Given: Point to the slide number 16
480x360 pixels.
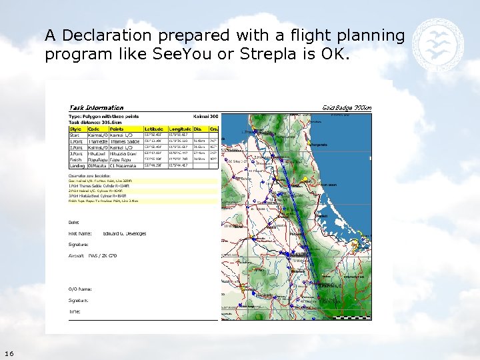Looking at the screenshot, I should (x=9, y=353).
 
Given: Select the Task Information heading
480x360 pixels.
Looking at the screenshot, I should (x=96, y=107).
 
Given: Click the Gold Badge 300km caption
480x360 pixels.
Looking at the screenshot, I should (x=347, y=107).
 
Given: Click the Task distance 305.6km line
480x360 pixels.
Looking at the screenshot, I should (x=94, y=122).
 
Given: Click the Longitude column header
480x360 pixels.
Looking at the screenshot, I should (x=181, y=129).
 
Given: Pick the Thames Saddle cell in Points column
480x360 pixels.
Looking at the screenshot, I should (x=124, y=141).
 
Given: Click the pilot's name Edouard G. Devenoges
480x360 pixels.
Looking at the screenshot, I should (x=125, y=233).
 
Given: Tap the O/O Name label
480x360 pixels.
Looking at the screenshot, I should (x=80, y=289).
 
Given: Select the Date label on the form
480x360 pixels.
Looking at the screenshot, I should (x=74, y=222).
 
